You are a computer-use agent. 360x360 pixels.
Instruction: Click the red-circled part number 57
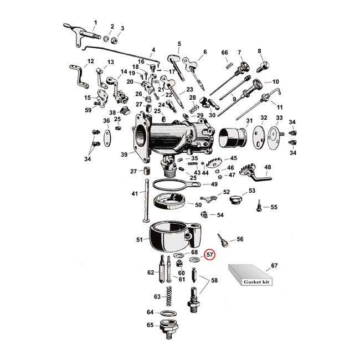pyautogui.click(x=210, y=255)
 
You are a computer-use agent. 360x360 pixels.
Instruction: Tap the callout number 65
pyautogui.click(x=150, y=325)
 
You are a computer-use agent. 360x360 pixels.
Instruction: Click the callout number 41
pyautogui.click(x=135, y=193)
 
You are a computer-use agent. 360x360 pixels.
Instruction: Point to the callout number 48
pyautogui.click(x=267, y=167)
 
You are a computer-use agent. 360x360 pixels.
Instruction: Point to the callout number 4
pyautogui.click(x=153, y=49)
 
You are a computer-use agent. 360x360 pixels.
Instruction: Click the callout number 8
pyautogui.click(x=259, y=52)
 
